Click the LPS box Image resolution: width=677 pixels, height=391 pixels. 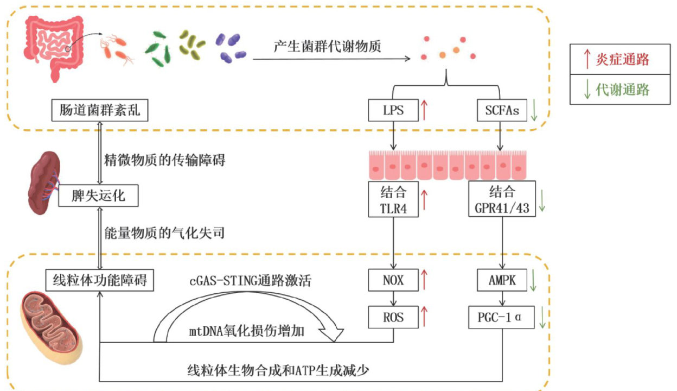coord(393,112)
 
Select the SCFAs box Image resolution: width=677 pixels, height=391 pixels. coord(499,112)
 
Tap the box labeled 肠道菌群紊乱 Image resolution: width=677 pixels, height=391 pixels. coord(97,112)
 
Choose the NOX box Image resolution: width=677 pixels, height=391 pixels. coord(393,281)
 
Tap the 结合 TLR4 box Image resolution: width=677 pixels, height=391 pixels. coord(393,199)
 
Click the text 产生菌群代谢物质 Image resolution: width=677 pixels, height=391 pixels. coord(327,47)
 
